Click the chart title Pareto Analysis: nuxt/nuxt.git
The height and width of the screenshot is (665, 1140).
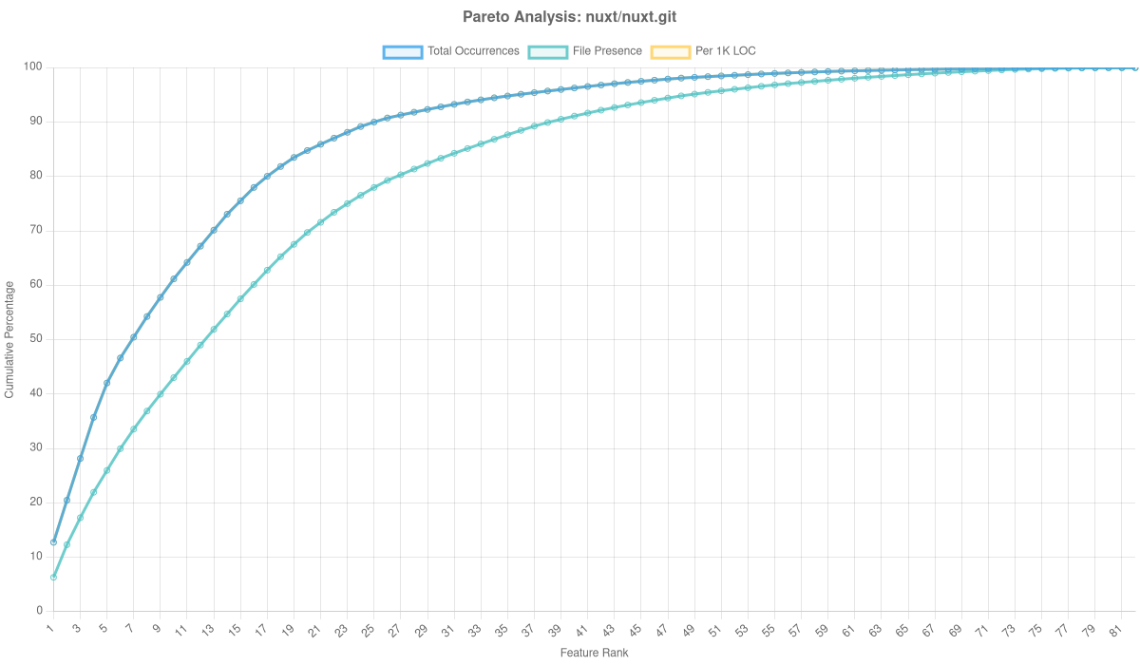pos(570,17)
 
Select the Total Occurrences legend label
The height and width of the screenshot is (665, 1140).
pos(473,51)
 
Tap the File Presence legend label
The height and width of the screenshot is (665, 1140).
pos(607,51)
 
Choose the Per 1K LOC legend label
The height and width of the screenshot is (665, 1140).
pos(726,51)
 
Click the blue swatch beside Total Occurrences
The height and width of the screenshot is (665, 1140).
pos(402,51)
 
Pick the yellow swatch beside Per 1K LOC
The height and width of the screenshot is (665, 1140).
pos(670,51)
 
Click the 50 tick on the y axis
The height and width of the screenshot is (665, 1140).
pos(37,338)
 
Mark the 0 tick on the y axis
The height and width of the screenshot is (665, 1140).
pos(40,610)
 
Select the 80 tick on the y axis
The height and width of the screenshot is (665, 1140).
pos(37,176)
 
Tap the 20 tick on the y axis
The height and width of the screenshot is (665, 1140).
pos(37,502)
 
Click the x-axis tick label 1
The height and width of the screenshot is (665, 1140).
pos(51,627)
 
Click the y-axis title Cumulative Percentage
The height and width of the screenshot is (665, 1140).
pos(9,338)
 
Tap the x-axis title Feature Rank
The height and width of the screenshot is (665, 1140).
pos(594,654)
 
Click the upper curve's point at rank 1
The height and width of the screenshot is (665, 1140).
pos(53,542)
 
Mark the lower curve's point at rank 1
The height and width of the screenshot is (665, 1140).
pos(53,578)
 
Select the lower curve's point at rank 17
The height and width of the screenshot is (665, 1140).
pos(266,271)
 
